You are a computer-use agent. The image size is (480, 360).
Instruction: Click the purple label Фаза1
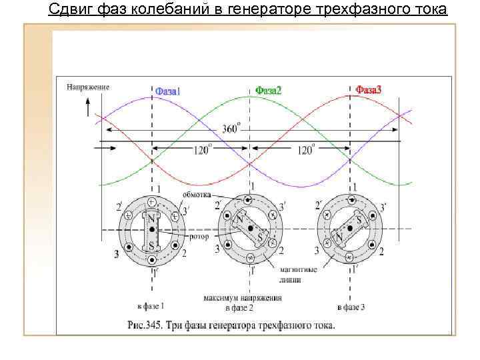pos(167,92)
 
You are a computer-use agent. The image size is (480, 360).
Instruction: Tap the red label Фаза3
pos(368,89)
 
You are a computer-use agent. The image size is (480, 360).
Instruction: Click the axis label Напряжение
pos(88,87)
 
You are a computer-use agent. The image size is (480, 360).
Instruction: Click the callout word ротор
pos(199,236)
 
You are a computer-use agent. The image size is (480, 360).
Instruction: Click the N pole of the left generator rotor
pos(152,217)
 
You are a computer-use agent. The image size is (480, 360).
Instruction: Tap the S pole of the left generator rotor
pos(152,245)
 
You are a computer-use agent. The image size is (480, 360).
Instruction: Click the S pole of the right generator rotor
pos(359,219)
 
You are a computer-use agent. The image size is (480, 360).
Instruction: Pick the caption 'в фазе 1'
pos(151,306)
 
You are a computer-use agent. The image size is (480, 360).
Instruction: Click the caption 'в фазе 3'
pos(351,307)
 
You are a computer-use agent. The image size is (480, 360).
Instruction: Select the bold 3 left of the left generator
pos(116,253)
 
